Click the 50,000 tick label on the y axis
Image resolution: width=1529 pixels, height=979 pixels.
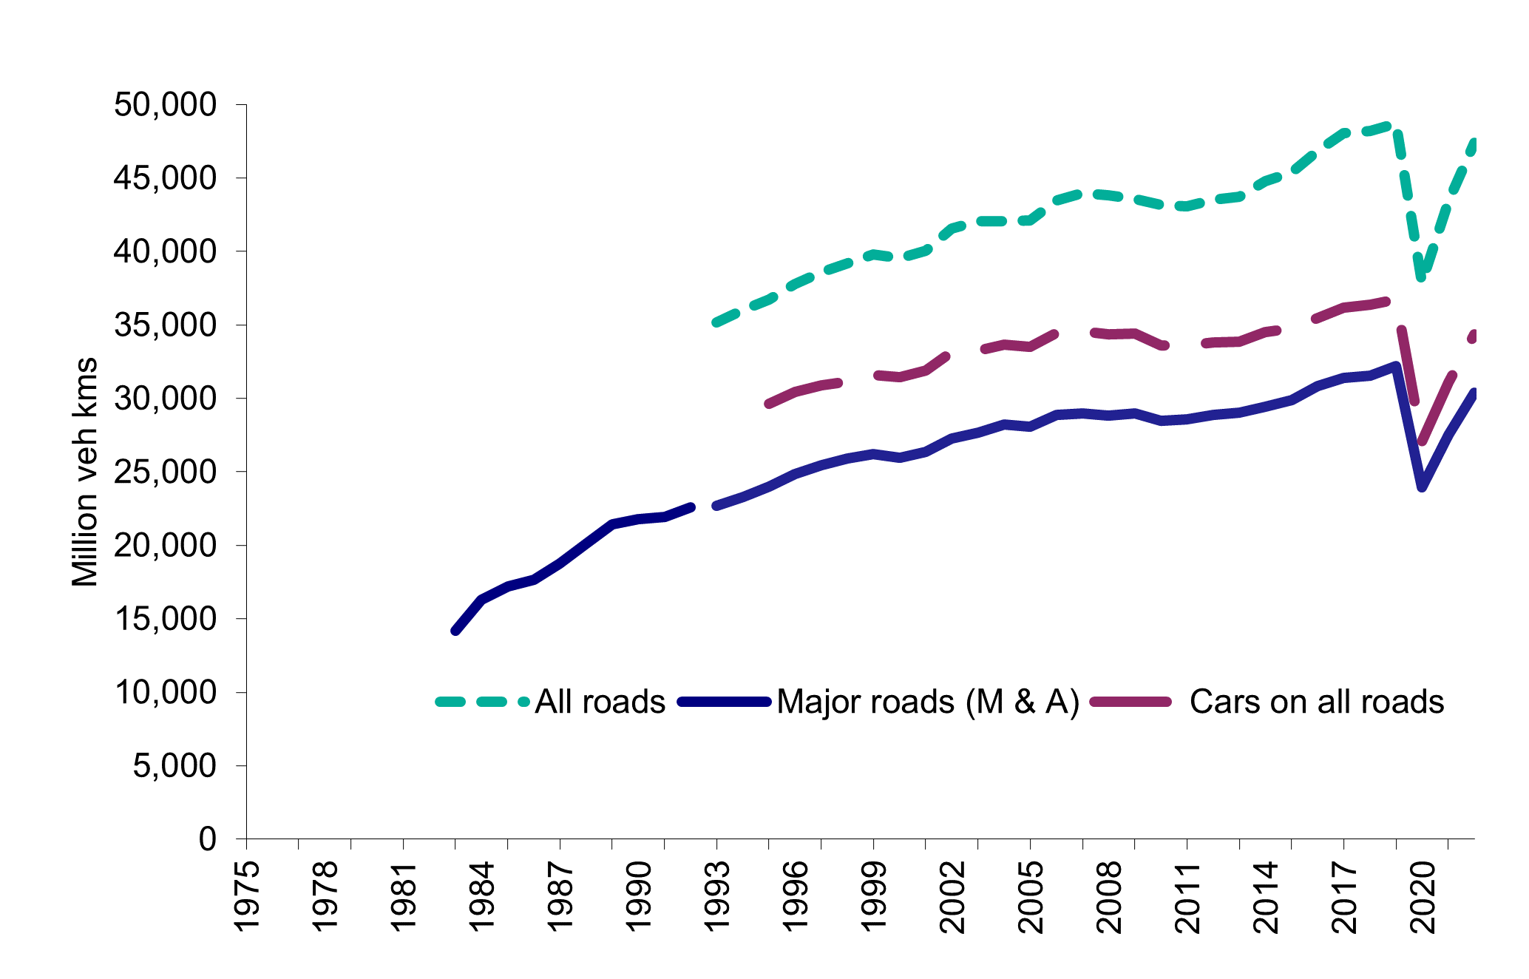[x=165, y=106]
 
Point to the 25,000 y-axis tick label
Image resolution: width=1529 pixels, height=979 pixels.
[x=165, y=472]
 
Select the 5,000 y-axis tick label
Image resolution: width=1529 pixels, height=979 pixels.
[x=174, y=766]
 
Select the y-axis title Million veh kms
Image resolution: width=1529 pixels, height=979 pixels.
[x=85, y=472]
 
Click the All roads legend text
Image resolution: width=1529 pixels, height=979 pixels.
[x=600, y=702]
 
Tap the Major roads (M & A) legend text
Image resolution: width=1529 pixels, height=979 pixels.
[x=928, y=702]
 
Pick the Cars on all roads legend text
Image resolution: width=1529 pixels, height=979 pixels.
[x=1316, y=702]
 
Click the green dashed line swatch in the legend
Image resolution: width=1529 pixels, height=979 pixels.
[x=482, y=702]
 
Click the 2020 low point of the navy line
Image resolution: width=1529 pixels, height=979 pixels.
[x=1422, y=487]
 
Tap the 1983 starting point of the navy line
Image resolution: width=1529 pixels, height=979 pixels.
[x=455, y=631]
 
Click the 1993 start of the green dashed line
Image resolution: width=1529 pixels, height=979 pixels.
[x=716, y=322]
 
